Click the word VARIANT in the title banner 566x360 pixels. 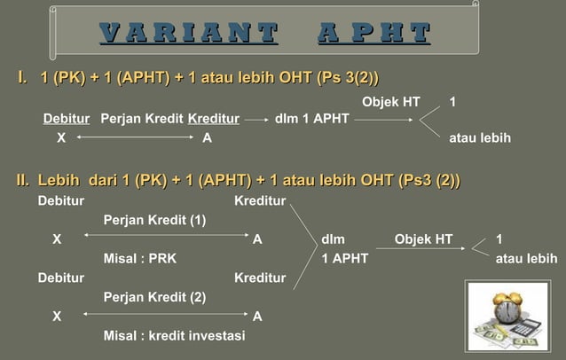(188, 35)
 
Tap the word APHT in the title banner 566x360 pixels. (373, 35)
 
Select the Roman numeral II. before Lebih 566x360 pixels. (16, 183)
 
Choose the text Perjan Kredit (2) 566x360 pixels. (155, 297)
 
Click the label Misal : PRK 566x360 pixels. (139, 258)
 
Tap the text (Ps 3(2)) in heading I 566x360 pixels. (354, 80)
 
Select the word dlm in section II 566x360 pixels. (334, 239)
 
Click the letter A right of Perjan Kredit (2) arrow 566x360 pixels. (257, 316)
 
